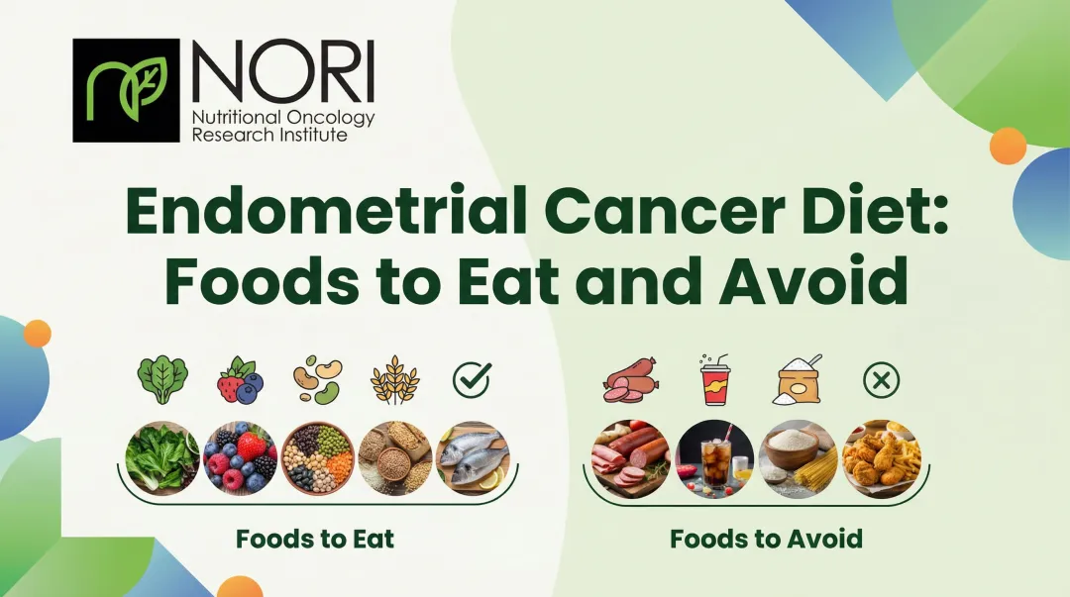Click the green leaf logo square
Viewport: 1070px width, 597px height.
pos(126,90)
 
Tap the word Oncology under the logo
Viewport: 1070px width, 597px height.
pos(333,118)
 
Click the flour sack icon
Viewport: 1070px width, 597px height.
pos(799,380)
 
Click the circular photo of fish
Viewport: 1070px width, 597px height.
pos(473,458)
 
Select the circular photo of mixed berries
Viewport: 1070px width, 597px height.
pos(240,458)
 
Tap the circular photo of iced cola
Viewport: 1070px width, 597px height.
pos(715,458)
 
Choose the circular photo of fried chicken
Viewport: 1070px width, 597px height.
pos(882,458)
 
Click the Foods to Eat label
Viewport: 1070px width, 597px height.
pos(315,540)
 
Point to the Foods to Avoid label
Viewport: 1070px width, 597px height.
pos(766,540)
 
